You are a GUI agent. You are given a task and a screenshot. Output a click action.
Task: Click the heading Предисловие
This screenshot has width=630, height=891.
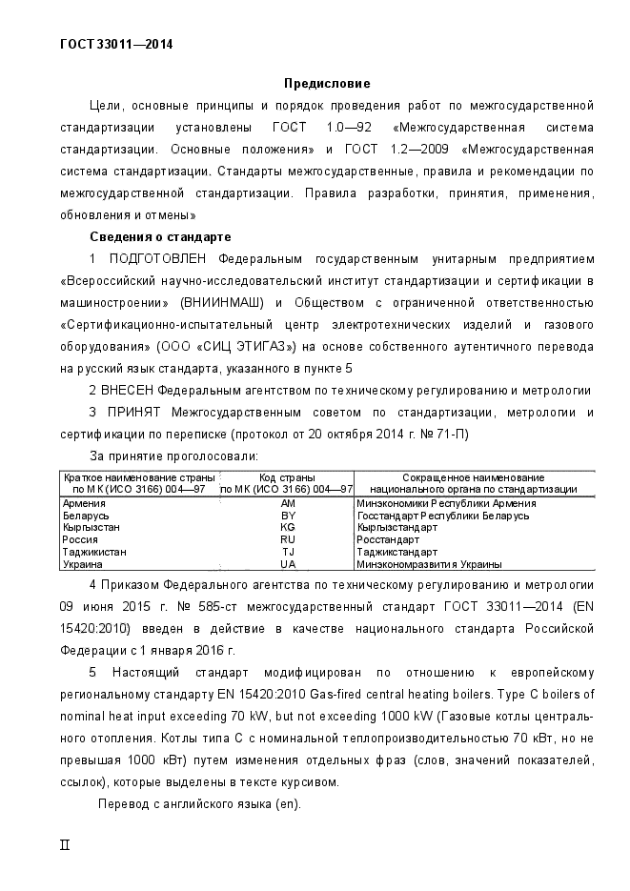(327, 84)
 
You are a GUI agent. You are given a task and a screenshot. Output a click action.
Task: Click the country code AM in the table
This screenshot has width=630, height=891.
(289, 503)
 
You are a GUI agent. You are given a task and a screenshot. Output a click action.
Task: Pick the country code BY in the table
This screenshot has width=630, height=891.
(289, 516)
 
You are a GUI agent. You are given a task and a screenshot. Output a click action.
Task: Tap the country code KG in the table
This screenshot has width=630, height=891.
(289, 527)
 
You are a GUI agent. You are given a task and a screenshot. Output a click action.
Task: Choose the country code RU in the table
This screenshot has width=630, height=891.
(289, 539)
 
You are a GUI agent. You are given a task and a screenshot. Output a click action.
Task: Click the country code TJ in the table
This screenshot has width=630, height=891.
(289, 552)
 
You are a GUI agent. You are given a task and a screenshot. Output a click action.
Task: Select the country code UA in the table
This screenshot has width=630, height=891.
(289, 564)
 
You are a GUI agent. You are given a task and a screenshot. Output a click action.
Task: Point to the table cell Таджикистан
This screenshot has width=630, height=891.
(94, 552)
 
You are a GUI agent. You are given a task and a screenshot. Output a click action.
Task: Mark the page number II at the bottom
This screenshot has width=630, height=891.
(65, 844)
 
